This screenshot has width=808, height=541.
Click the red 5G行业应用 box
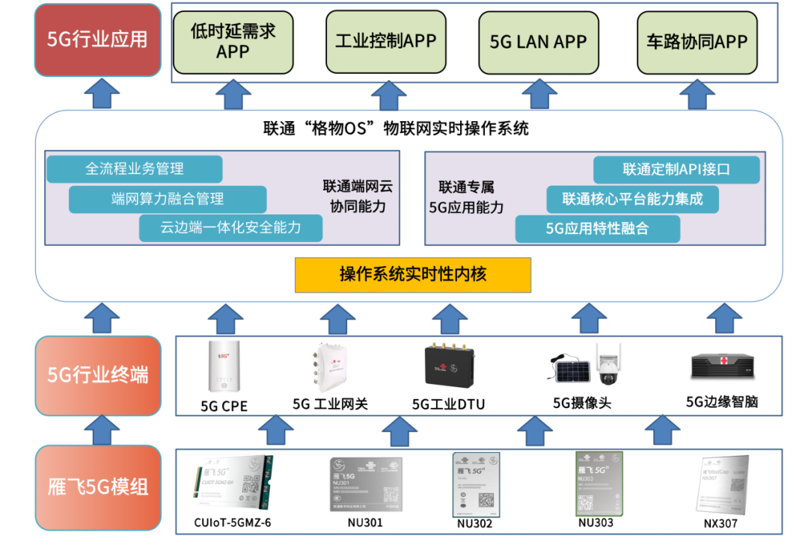point(98,40)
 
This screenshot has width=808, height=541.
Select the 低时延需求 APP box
point(233,41)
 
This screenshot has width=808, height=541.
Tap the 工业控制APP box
point(385,41)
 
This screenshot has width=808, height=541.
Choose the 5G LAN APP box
point(538,42)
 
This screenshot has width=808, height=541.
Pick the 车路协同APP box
point(697,42)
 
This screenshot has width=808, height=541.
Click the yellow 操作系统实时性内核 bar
point(413,275)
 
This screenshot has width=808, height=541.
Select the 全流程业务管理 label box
point(135,169)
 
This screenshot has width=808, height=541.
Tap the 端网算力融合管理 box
point(168,199)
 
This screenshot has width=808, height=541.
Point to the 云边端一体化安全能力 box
point(230,228)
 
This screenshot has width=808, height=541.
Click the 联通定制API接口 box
point(676,170)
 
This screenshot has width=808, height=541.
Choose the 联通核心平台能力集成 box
point(632,200)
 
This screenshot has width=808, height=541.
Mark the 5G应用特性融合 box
point(597,229)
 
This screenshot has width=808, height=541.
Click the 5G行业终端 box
point(98,375)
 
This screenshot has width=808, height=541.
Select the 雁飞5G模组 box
point(98,488)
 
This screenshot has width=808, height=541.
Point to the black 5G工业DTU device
point(448,368)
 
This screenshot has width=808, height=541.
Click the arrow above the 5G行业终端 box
point(98,318)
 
